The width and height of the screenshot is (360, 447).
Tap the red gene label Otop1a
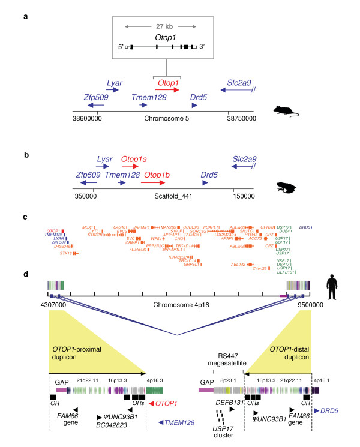(134, 160)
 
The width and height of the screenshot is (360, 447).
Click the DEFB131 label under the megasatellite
(229, 403)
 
